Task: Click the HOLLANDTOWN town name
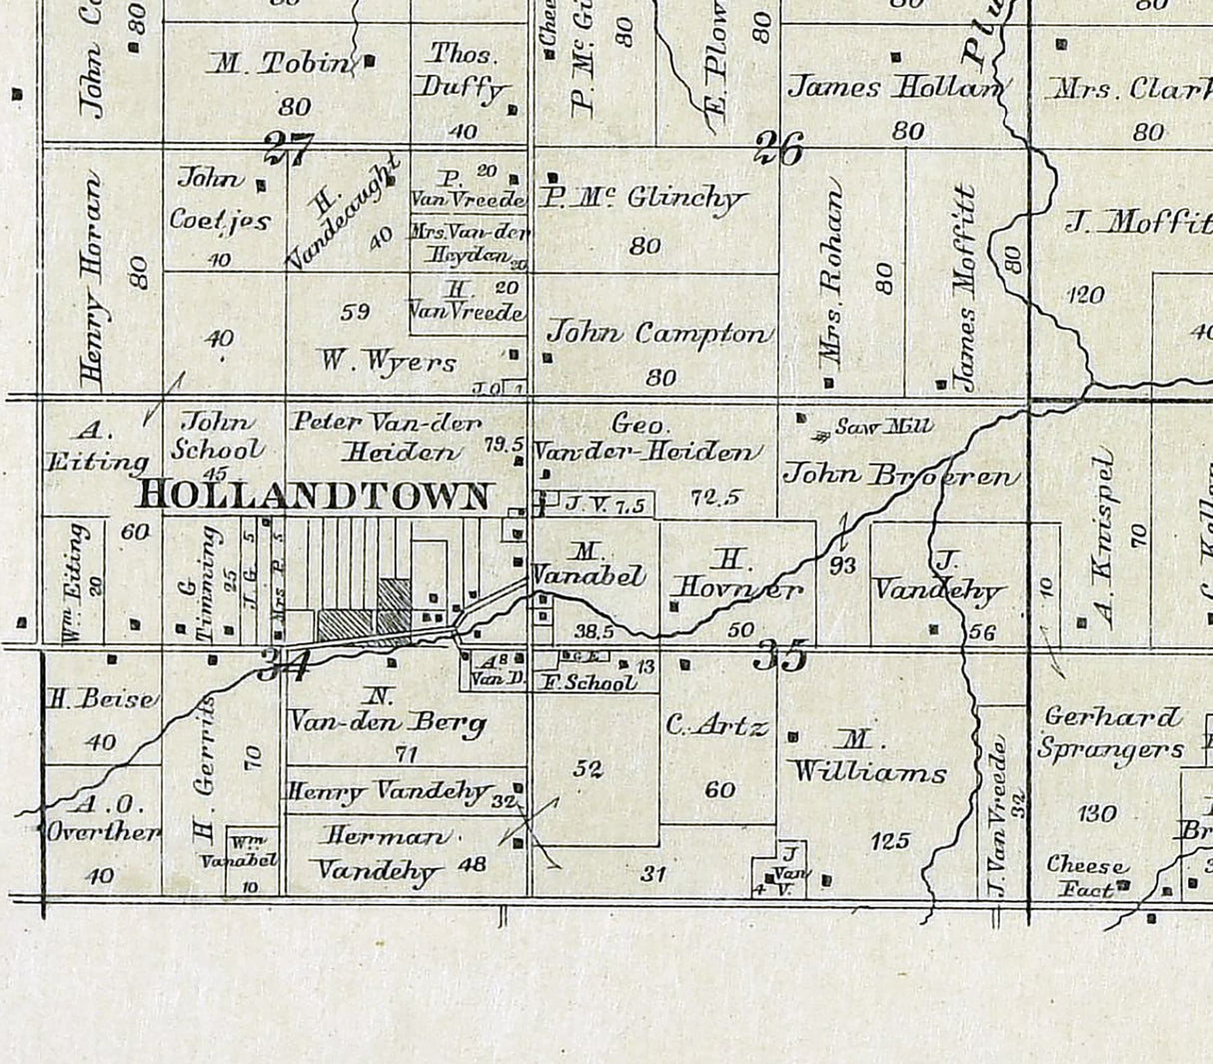pyautogui.click(x=315, y=495)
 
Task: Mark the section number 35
pyautogui.click(x=779, y=656)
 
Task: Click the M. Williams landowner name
pyautogui.click(x=866, y=756)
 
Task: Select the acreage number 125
pyautogui.click(x=889, y=841)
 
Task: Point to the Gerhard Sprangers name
pyautogui.click(x=1110, y=733)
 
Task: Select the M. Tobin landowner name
pyautogui.click(x=282, y=64)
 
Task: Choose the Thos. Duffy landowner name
pyautogui.click(x=465, y=73)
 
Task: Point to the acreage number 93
pyautogui.click(x=842, y=566)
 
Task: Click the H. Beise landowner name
pyautogui.click(x=101, y=699)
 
